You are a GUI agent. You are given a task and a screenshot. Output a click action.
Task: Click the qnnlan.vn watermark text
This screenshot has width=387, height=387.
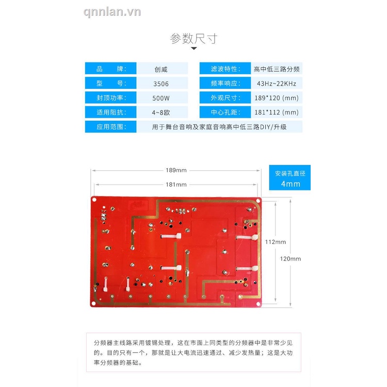(x=112, y=12)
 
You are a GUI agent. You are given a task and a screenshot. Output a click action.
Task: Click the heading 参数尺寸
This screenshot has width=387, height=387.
(x=193, y=39)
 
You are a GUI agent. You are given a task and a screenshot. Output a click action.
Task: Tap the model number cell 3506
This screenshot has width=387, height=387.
(x=161, y=84)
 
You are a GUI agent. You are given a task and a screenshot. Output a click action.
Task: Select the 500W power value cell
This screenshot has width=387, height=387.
(x=161, y=98)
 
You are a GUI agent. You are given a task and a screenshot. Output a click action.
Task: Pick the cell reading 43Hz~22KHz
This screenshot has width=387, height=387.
(x=277, y=84)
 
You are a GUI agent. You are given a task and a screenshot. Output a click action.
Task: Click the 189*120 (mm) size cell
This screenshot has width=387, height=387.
(x=277, y=98)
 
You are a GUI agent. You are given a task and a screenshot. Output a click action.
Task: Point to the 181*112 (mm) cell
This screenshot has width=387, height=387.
(x=277, y=112)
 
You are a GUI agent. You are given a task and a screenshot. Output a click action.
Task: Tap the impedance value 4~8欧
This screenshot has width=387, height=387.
(x=161, y=112)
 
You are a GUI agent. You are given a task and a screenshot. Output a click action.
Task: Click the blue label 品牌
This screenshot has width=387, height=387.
(x=111, y=69)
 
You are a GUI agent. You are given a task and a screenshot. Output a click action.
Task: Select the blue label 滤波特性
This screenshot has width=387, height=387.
(x=225, y=69)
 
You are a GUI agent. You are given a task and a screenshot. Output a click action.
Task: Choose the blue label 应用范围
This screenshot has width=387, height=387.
(x=111, y=126)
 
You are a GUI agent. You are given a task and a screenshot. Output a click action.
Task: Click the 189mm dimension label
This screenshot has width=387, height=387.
(x=176, y=170)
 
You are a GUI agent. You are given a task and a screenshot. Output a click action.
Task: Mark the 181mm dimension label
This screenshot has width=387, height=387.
(x=176, y=184)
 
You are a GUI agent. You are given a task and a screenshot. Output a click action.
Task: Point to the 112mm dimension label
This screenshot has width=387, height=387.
(x=276, y=242)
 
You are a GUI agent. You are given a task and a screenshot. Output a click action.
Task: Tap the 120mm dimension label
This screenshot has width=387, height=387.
(x=291, y=259)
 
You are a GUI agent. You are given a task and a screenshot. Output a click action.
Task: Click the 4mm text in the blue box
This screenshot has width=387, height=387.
(x=291, y=184)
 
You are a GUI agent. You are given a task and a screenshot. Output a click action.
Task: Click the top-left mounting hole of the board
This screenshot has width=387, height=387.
(x=94, y=200)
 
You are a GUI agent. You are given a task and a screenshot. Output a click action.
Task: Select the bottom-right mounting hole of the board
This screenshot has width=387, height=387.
(x=258, y=303)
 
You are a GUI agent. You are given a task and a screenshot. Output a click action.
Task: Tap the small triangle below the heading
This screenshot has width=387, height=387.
(x=194, y=49)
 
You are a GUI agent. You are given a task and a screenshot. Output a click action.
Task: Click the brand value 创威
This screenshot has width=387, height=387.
(x=161, y=69)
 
